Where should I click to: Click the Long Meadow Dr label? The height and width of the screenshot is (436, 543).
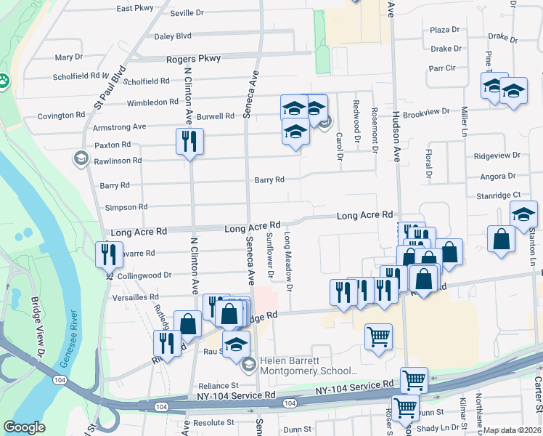288,262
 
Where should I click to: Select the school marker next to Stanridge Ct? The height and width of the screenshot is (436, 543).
523,213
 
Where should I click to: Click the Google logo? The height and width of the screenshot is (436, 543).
24,427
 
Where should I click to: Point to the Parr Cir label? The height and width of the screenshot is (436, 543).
441,68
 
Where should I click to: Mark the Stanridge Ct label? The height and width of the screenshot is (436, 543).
497,195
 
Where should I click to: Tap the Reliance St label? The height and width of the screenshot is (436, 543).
219,386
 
